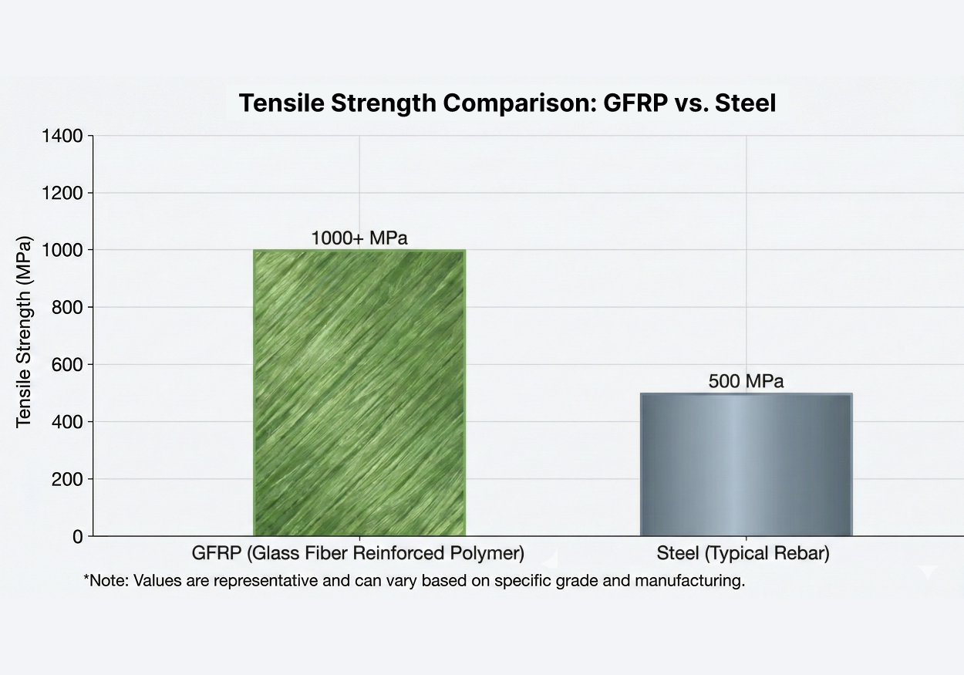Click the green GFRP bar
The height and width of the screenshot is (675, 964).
point(359,393)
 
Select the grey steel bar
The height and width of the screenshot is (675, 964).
point(746,464)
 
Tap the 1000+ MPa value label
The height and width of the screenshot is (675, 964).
point(359,238)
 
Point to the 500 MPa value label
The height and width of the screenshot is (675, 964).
point(746,381)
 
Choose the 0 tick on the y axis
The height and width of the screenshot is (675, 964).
point(77,536)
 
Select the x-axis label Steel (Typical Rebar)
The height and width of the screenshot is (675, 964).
point(743,554)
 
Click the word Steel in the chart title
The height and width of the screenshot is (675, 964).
point(745,103)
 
